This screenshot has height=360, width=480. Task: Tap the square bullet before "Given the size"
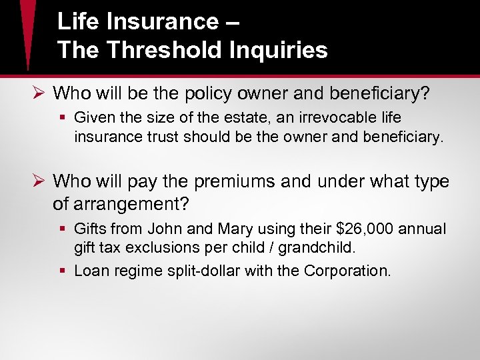[63, 119]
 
